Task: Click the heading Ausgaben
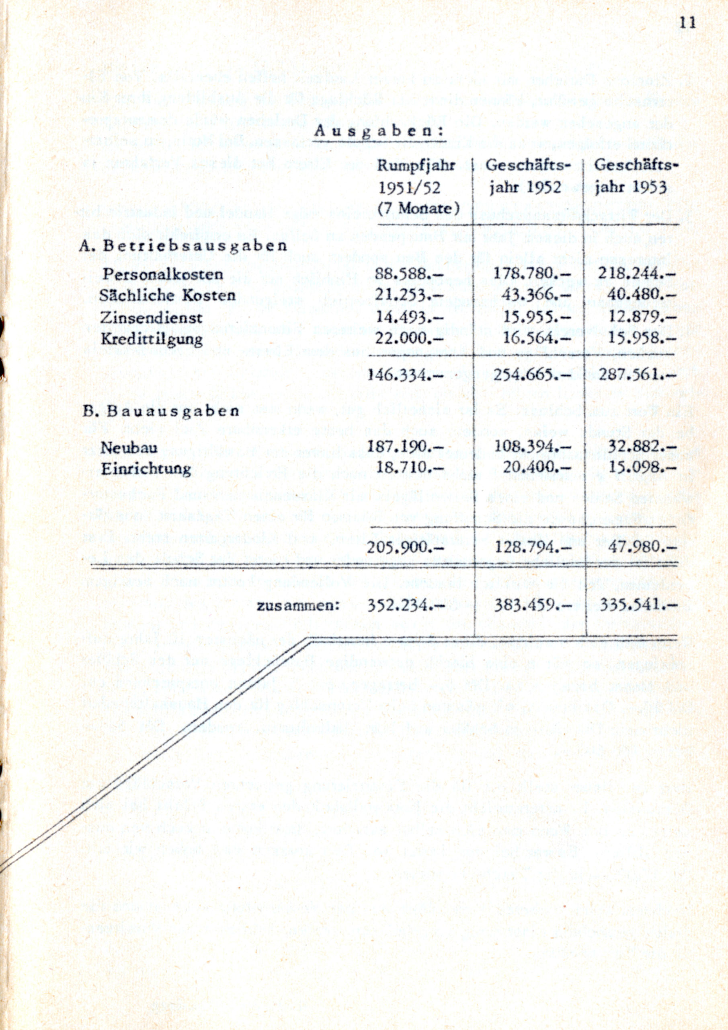tap(379, 131)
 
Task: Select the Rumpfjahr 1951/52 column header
tap(416, 176)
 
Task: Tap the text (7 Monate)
tap(418, 208)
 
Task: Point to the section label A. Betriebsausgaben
tap(183, 246)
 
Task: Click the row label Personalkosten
tap(162, 274)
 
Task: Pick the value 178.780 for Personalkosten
tap(532, 273)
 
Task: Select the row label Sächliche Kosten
tap(167, 295)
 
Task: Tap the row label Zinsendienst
tap(151, 317)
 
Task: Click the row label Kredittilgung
tap(152, 339)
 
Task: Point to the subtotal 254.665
tap(532, 375)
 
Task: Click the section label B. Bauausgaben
tap(161, 411)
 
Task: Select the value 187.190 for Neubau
tap(405, 447)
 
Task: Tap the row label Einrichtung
tap(146, 469)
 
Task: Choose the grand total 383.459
tap(533, 606)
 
